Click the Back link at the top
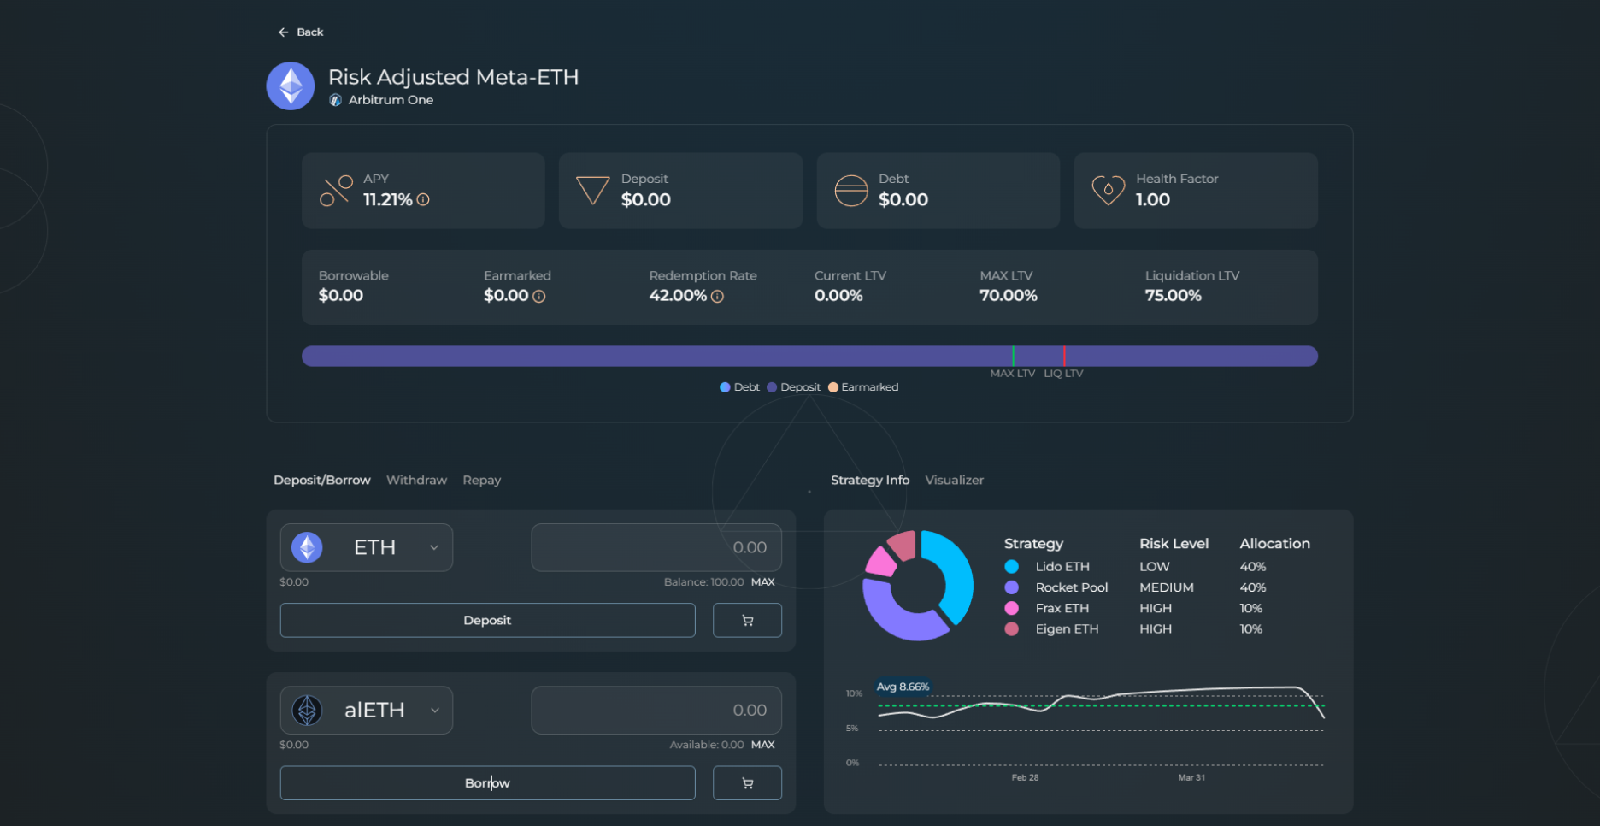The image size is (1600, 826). click(x=301, y=32)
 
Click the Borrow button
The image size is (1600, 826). click(x=487, y=783)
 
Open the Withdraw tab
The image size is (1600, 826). click(x=416, y=481)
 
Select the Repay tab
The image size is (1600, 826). click(x=481, y=481)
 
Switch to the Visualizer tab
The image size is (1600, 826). click(x=954, y=481)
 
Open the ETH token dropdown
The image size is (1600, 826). click(x=367, y=547)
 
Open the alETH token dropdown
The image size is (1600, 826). click(x=367, y=711)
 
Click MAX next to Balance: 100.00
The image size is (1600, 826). click(x=762, y=582)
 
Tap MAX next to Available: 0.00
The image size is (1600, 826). click(x=762, y=745)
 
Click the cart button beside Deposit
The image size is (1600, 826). click(x=747, y=621)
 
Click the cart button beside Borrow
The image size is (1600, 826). click(x=747, y=783)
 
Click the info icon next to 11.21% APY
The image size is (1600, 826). click(x=423, y=200)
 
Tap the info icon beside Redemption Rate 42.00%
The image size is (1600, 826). click(x=717, y=297)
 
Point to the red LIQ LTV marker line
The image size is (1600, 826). click(x=1064, y=356)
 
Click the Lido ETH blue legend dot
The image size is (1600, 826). click(x=1012, y=567)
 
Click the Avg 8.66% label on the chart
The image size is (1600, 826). click(x=903, y=687)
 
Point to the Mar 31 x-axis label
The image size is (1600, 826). click(x=1191, y=777)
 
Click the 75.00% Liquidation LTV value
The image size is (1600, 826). click(x=1173, y=296)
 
